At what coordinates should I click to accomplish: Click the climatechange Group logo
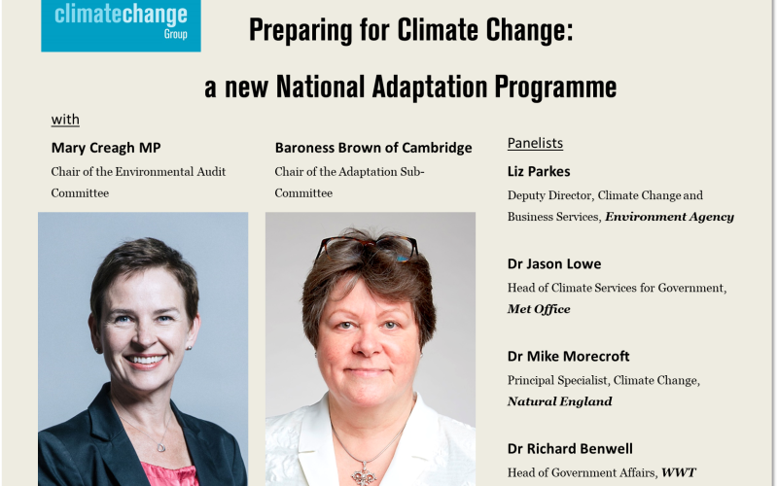[x=121, y=25]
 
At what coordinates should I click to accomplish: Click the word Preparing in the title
[x=301, y=31]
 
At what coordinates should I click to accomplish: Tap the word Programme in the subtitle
[x=555, y=87]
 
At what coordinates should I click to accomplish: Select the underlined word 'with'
[x=65, y=120]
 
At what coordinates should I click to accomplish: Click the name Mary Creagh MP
[x=106, y=148]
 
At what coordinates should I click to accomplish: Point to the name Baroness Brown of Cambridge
[x=373, y=148]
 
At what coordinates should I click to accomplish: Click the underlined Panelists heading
[x=535, y=143]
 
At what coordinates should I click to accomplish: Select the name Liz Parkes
[x=539, y=172]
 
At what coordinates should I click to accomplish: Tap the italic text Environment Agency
[x=669, y=217]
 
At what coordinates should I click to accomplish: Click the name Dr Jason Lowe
[x=553, y=263]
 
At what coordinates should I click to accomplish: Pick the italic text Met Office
[x=539, y=309]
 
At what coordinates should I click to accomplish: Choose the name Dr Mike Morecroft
[x=568, y=356]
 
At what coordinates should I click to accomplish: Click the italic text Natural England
[x=559, y=401]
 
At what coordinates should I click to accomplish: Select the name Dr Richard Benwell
[x=570, y=449]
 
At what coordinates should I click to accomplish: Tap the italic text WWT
[x=678, y=472]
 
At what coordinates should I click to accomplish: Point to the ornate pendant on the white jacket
[x=364, y=473]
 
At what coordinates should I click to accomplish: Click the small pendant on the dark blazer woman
[x=160, y=447]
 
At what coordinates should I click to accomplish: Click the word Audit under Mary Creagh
[x=211, y=172]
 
